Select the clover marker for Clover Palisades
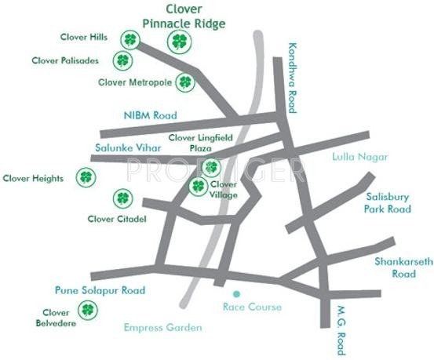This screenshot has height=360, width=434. coord(122,60)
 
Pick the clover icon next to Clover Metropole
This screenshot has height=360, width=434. coord(185,81)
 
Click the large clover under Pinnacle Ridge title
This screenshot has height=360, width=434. coord(180,42)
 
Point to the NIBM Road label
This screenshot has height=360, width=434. coord(150,115)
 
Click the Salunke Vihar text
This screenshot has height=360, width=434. coord(128,147)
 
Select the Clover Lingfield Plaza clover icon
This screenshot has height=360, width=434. coord(210,166)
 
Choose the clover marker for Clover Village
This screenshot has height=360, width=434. coord(199,186)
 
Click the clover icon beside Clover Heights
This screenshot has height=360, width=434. coord(84,177)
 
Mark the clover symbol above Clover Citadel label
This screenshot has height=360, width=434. coord(122,198)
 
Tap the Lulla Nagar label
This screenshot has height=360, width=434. coord(361,157)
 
